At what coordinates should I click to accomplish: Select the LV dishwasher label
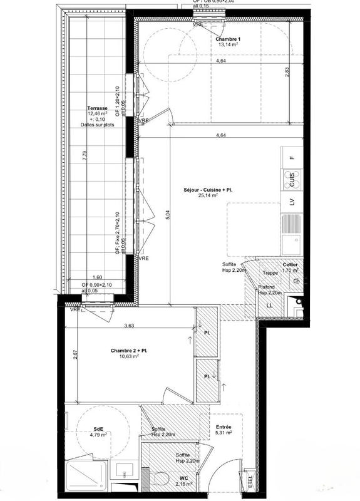[x=292, y=202]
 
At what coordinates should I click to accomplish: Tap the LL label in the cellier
[x=270, y=305]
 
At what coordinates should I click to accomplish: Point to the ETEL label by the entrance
[x=251, y=483]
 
